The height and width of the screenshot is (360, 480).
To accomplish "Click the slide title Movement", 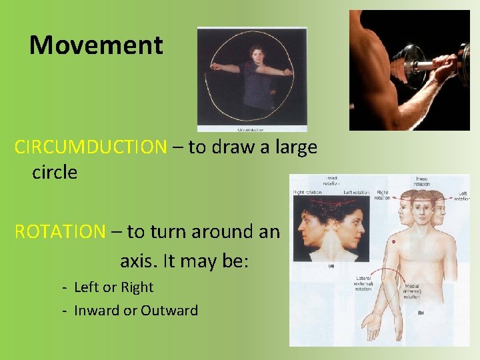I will pyautogui.click(x=96, y=45).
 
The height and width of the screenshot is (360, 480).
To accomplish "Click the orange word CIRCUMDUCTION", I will pyautogui.click(x=90, y=147).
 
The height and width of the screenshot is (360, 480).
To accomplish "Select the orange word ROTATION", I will pyautogui.click(x=60, y=231).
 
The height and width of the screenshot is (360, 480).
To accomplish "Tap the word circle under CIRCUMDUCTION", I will pyautogui.click(x=55, y=172).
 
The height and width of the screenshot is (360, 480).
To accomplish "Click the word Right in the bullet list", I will pyautogui.click(x=137, y=287).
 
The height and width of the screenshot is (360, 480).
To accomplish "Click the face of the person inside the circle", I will pyautogui.click(x=257, y=55).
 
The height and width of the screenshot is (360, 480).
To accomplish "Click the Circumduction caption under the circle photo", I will pyautogui.click(x=252, y=129).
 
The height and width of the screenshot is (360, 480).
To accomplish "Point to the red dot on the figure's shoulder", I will pyautogui.click(x=395, y=241).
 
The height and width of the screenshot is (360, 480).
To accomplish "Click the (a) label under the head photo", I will pyautogui.click(x=331, y=265).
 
